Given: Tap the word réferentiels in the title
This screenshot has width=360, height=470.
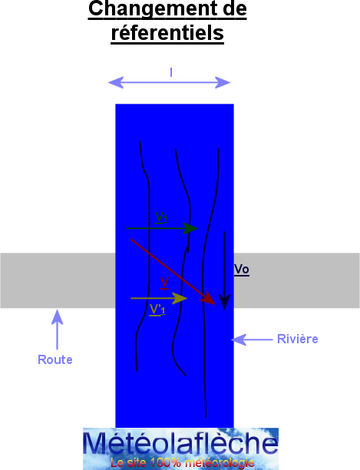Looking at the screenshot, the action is pyautogui.click(x=167, y=33).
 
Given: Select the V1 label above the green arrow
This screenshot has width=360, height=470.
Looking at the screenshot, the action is pyautogui.click(x=161, y=217).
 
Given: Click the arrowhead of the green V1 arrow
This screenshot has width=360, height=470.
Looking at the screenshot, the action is pyautogui.click(x=190, y=228).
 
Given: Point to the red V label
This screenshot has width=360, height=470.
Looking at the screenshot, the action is pyautogui.click(x=164, y=283).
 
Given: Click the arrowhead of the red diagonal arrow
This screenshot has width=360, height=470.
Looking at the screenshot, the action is pyautogui.click(x=209, y=299).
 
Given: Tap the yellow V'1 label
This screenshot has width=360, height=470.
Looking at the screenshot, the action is pyautogui.click(x=157, y=309).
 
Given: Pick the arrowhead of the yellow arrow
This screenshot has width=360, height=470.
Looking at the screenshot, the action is pyautogui.click(x=180, y=298).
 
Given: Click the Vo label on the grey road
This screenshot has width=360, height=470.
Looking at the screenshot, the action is pyautogui.click(x=242, y=269).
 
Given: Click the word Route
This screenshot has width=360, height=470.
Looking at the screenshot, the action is pyautogui.click(x=55, y=359).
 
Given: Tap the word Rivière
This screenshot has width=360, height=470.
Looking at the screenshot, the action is pyautogui.click(x=298, y=339).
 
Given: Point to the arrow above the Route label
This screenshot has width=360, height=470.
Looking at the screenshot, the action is pyautogui.click(x=57, y=329).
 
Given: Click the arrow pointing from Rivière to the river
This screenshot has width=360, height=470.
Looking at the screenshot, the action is pyautogui.click(x=252, y=339).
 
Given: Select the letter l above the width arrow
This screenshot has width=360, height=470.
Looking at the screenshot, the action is pyautogui.click(x=171, y=72).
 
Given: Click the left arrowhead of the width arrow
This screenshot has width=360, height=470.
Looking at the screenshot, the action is pyautogui.click(x=116, y=82).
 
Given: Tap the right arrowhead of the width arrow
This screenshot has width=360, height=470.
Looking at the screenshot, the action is pyautogui.click(x=223, y=82).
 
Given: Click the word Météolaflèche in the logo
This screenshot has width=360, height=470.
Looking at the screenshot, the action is pyautogui.click(x=180, y=443).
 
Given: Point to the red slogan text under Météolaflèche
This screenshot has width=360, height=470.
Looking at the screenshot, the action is pyautogui.click(x=182, y=462).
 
